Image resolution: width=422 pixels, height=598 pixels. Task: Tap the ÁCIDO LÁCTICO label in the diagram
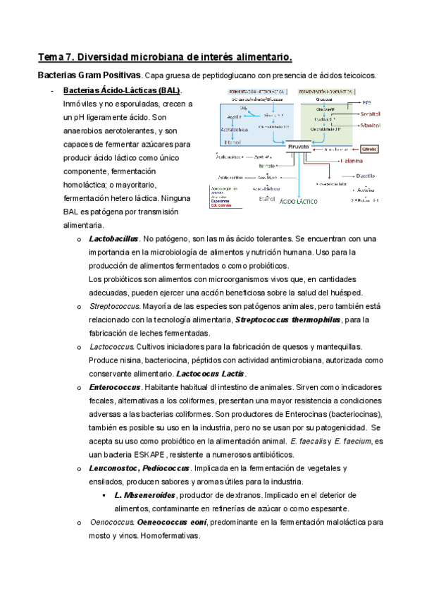tap(299, 201)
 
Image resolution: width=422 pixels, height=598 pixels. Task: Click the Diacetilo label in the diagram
tap(366, 177)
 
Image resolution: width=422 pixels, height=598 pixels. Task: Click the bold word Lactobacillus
tap(113, 239)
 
